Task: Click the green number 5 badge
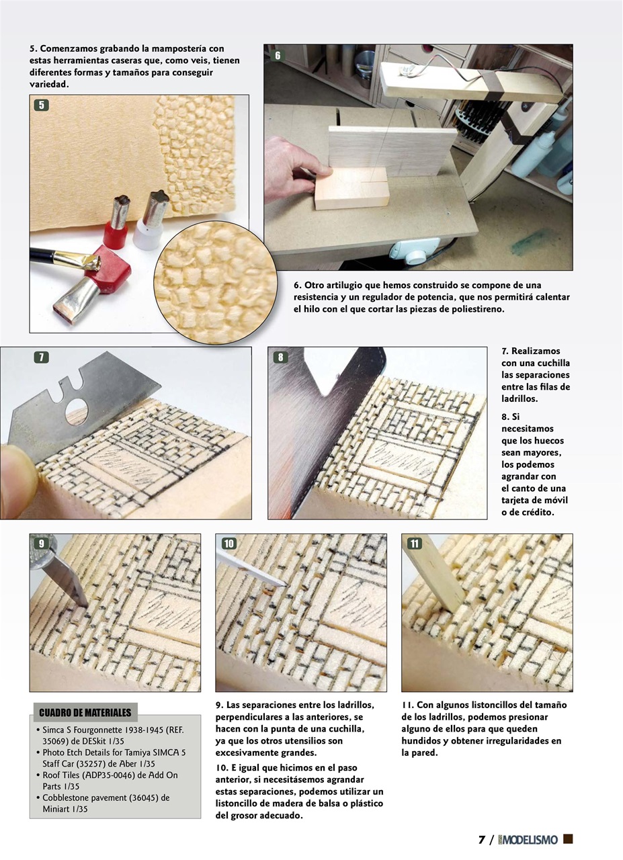click(41, 105)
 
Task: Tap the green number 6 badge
click(278, 56)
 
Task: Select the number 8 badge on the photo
click(280, 357)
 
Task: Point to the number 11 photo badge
click(415, 544)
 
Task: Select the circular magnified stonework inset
click(215, 282)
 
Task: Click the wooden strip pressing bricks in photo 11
click(434, 575)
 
